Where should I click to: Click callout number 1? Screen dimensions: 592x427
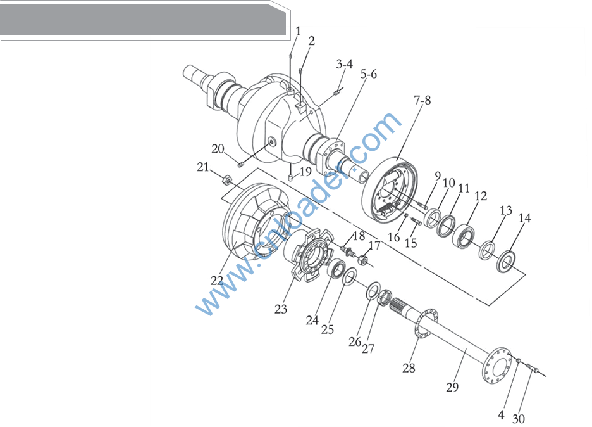pyautogui.click(x=299, y=31)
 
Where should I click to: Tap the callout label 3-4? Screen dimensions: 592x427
pyautogui.click(x=344, y=64)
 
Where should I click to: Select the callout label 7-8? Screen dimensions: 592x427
pyautogui.click(x=422, y=100)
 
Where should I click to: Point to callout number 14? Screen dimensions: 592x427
pyautogui.click(x=524, y=218)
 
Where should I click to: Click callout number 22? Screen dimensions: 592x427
pyautogui.click(x=217, y=281)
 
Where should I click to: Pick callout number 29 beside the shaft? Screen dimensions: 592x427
pyautogui.click(x=452, y=387)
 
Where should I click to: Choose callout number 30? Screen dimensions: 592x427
pyautogui.click(x=519, y=419)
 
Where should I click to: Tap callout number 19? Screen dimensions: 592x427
pyautogui.click(x=305, y=172)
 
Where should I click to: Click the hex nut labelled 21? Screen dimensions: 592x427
pyautogui.click(x=226, y=180)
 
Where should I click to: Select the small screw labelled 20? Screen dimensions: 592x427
pyautogui.click(x=240, y=164)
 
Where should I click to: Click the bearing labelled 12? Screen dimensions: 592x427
pyautogui.click(x=464, y=236)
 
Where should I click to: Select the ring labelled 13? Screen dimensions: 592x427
pyautogui.click(x=487, y=250)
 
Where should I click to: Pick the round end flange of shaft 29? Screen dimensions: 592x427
pyautogui.click(x=497, y=367)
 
